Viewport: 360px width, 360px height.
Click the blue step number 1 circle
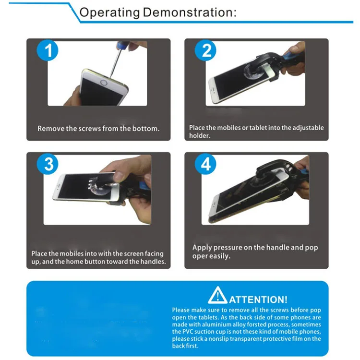[48, 50]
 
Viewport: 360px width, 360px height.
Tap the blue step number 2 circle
[205, 50]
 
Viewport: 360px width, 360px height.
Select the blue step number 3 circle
[48, 164]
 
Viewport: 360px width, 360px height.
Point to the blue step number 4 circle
[205, 164]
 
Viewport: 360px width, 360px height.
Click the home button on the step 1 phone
[104, 83]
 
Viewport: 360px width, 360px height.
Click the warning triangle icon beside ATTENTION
[217, 295]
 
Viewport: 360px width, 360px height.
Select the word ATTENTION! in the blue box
[258, 300]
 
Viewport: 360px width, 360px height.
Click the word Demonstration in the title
[190, 12]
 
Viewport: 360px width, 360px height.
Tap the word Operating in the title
[109, 13]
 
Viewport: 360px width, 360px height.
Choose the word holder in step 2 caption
[199, 135]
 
